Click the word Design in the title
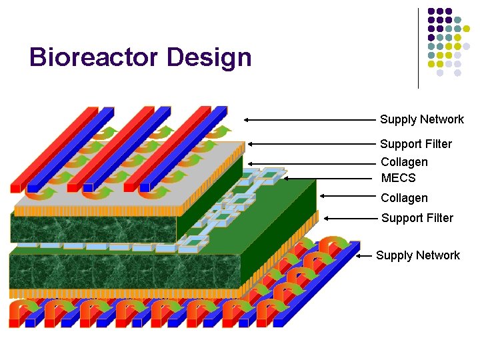point(209,57)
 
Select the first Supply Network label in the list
point(421,119)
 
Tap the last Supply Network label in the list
point(417,255)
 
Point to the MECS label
point(398,178)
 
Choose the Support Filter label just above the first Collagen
point(415,144)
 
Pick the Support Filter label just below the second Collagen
point(417,218)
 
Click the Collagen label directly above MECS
point(404,162)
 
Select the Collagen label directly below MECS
point(404,198)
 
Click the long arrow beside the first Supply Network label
point(309,120)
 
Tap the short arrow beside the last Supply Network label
point(365,255)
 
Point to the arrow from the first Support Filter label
point(311,143)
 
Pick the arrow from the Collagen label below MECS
point(347,196)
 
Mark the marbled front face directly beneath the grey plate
point(93,228)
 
